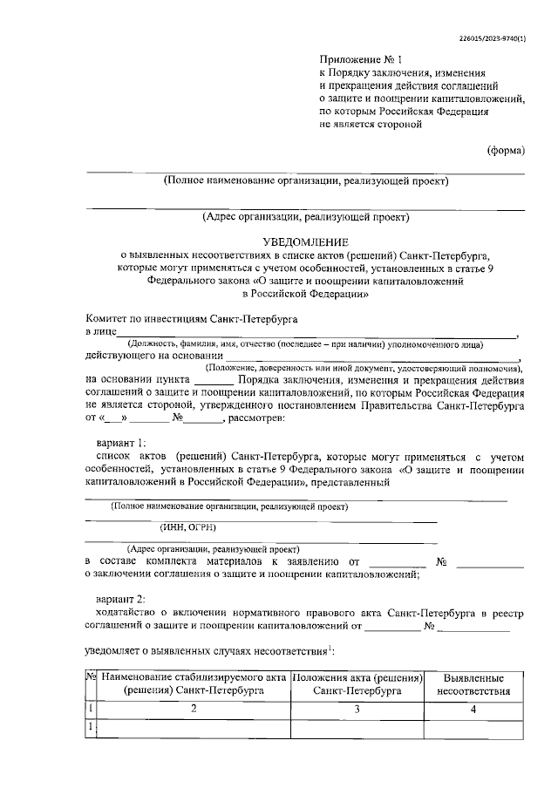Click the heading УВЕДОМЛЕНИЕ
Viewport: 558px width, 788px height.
[x=305, y=241]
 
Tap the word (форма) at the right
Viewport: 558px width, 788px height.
[x=506, y=149]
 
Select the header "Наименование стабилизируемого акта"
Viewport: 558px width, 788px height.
[x=194, y=677]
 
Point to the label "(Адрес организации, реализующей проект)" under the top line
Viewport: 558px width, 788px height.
[x=305, y=217]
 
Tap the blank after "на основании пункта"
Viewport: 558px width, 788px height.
[x=213, y=383]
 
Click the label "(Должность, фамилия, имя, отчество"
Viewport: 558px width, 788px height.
[x=209, y=346]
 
